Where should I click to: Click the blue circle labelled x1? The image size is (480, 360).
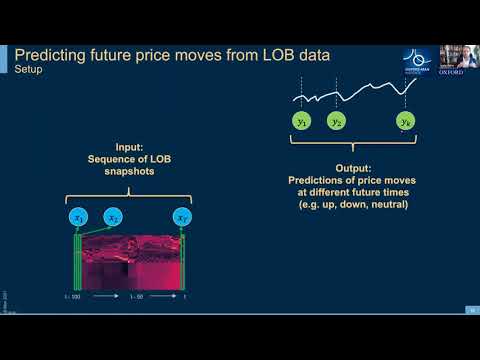[x=77, y=217]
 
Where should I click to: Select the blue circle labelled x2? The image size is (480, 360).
[x=114, y=217]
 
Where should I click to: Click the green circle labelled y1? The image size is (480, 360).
[x=301, y=122]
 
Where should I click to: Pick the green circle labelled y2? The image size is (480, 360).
[x=337, y=122]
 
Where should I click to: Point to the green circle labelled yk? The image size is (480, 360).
[x=403, y=122]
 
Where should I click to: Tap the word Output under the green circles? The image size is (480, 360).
[x=354, y=168]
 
